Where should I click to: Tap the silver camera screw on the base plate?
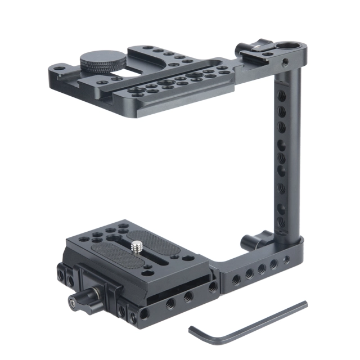point(137,246)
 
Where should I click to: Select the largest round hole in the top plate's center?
point(194,74)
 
